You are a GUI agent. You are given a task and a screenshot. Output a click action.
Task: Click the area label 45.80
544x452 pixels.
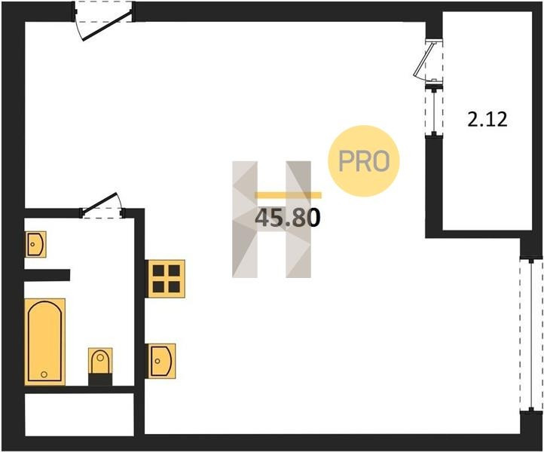[x=289, y=218]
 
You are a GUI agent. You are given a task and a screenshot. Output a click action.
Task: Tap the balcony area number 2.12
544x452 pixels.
[x=487, y=119]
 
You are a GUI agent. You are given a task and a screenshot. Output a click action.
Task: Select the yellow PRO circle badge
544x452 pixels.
[x=363, y=161]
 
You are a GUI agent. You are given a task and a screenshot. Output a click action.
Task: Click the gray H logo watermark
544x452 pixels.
[x=271, y=218]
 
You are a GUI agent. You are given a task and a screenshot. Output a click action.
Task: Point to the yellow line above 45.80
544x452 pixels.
[x=289, y=195]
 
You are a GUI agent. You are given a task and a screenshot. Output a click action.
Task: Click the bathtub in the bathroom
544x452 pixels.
[x=44, y=341]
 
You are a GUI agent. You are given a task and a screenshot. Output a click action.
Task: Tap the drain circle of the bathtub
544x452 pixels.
[x=44, y=372]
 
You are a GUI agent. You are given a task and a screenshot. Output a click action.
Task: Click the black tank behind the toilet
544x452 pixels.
[x=100, y=380]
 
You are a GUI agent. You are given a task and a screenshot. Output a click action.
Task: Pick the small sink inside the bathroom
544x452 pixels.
[x=35, y=244]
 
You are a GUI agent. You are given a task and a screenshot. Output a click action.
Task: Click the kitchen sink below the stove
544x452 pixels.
[x=160, y=360]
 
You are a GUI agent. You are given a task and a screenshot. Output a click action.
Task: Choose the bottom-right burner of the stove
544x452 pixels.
[x=174, y=286]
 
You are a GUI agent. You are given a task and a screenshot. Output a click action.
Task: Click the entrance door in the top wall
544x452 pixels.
[x=103, y=21]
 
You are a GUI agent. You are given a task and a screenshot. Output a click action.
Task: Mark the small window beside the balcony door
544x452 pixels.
[x=432, y=111]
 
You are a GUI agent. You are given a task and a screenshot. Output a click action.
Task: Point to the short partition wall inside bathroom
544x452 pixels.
[x=47, y=274]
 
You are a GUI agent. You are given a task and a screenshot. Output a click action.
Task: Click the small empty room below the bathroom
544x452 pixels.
[x=79, y=414]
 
